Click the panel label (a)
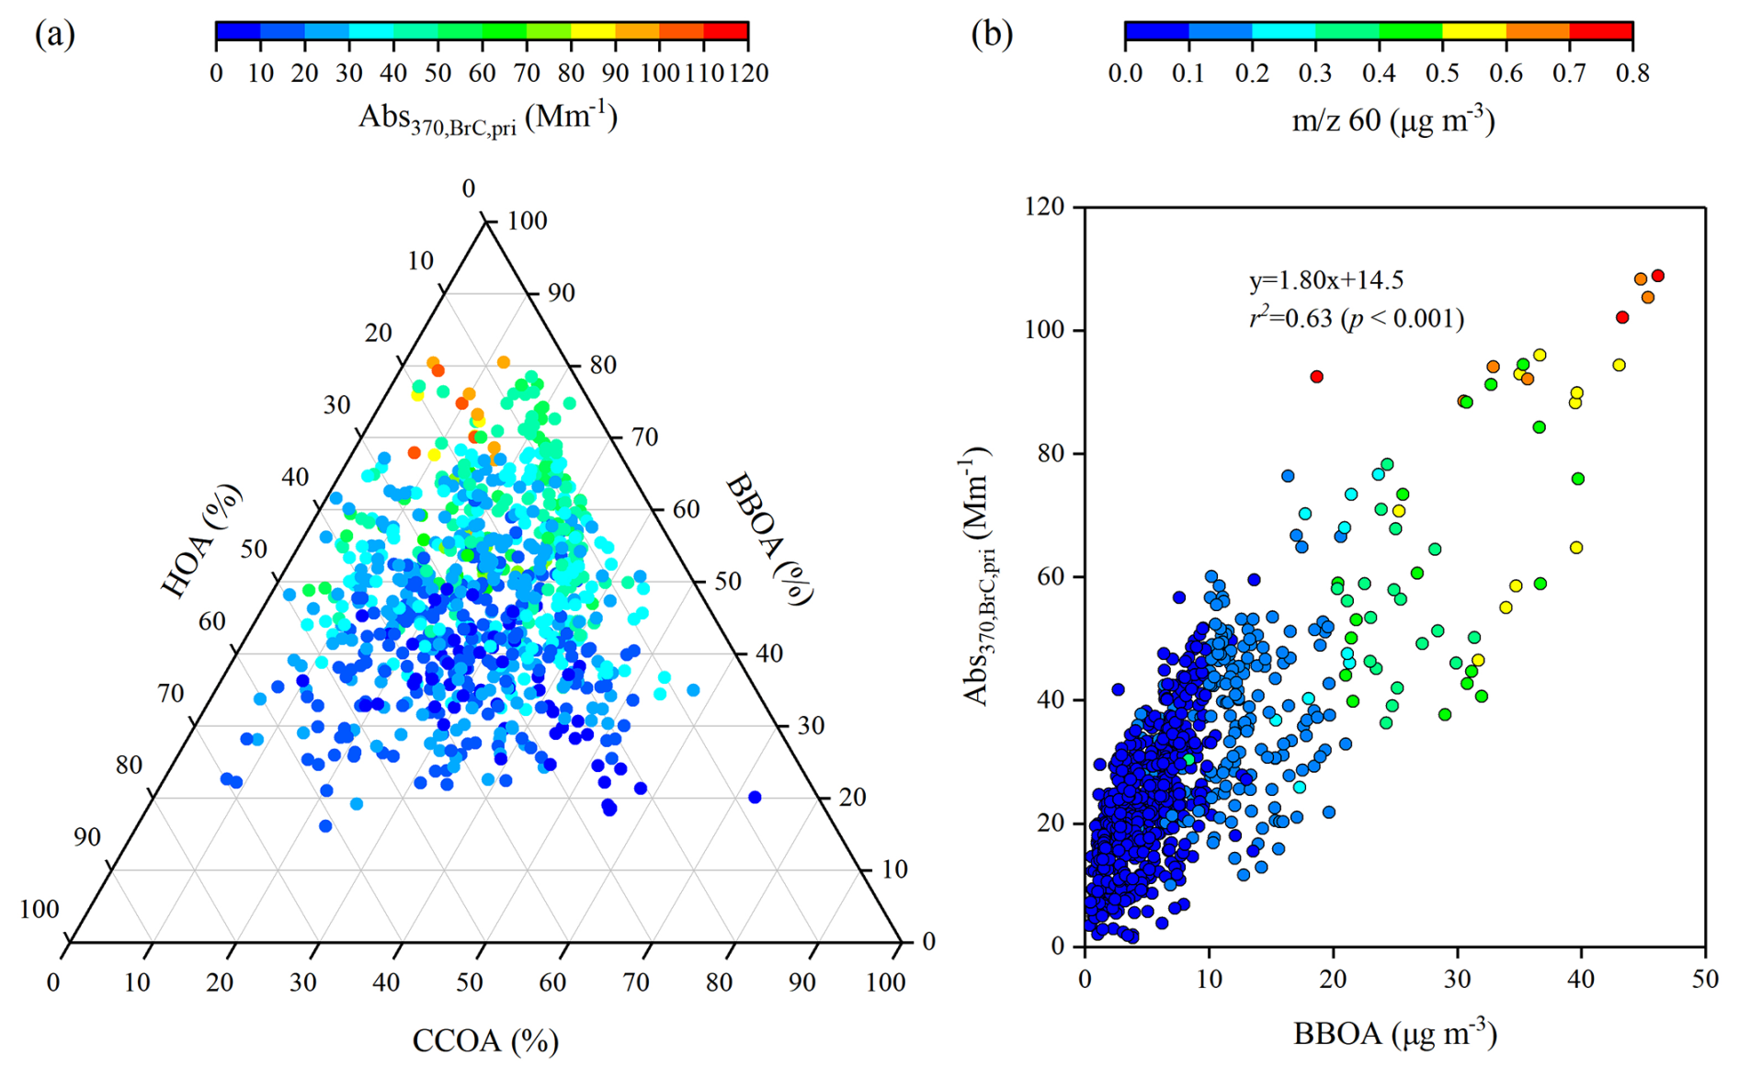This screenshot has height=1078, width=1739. (x=54, y=34)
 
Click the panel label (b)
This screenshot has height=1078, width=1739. (x=992, y=34)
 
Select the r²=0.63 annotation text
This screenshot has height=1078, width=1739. (x=1356, y=319)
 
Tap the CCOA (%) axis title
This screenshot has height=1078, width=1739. (x=485, y=1041)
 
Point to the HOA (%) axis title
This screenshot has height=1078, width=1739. (x=201, y=542)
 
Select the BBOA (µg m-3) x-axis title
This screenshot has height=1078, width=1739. (x=1394, y=1034)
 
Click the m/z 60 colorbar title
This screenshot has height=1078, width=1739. (x=1392, y=120)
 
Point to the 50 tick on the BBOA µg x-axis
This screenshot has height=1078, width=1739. (x=1705, y=979)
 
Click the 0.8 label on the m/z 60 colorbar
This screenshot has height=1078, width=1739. (x=1632, y=74)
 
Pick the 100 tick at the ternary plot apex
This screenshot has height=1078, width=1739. (x=527, y=221)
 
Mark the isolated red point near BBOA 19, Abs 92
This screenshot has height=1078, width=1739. (x=1316, y=377)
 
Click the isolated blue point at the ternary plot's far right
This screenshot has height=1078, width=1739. (x=755, y=797)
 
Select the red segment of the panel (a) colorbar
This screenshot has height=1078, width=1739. (x=725, y=31)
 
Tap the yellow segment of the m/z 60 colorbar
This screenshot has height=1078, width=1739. (x=1473, y=31)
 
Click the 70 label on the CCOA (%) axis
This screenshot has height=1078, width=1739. (x=636, y=982)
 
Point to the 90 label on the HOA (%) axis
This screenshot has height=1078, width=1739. (x=87, y=837)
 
